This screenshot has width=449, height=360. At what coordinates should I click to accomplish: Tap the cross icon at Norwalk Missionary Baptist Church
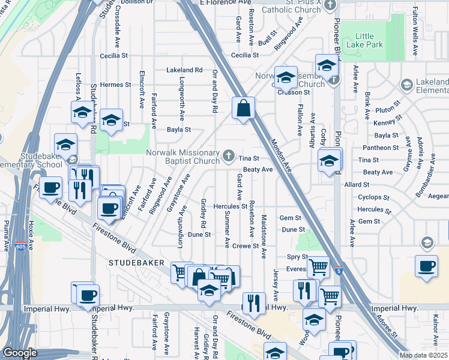[228, 157]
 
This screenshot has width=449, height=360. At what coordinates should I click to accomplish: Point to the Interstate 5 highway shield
[339, 271]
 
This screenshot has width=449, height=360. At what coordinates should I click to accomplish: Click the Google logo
[20, 353]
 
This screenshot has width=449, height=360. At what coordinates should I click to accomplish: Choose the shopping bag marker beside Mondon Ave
[243, 109]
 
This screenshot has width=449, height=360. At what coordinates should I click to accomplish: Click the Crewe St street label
[245, 245]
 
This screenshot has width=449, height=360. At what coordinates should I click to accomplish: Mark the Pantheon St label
[381, 148]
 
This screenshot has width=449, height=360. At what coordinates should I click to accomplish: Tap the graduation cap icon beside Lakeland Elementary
[407, 85]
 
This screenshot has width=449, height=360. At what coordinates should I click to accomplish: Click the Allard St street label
[356, 185]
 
